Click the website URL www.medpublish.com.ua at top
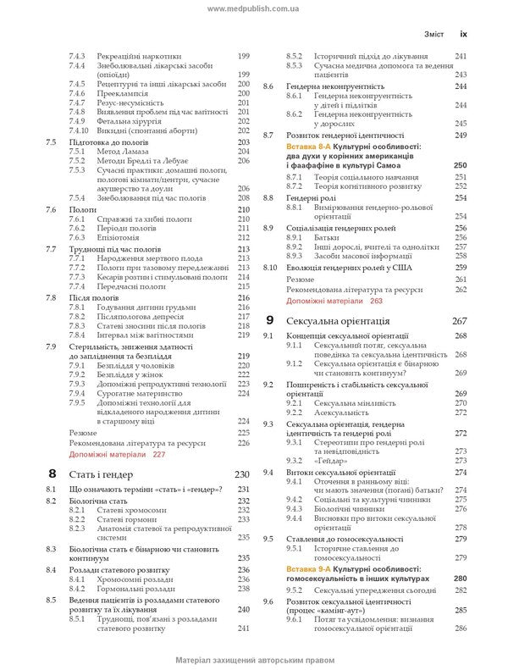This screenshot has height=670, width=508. pos(254,7)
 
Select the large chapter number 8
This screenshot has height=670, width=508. pos(52,473)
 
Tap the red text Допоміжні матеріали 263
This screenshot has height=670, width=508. pos(334,300)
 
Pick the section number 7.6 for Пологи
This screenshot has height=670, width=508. pos(52,208)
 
